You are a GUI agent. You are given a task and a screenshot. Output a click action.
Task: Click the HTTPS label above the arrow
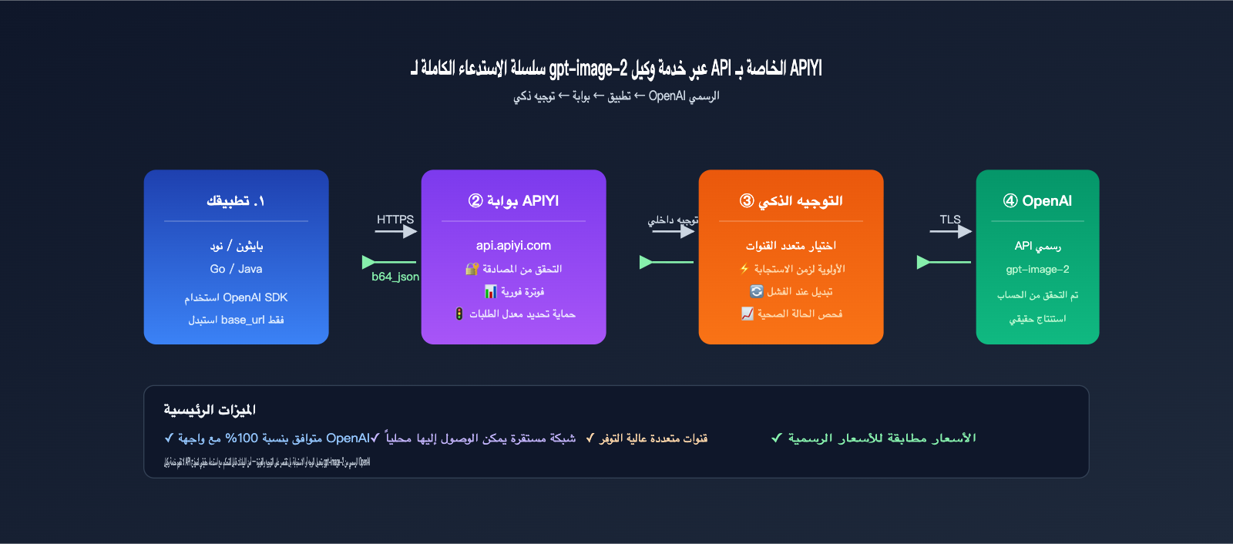point(395,220)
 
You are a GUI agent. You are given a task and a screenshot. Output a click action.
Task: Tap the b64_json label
point(395,277)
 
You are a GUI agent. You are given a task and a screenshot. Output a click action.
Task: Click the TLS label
point(950,220)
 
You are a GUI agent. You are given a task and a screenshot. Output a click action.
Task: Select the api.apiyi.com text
point(513,246)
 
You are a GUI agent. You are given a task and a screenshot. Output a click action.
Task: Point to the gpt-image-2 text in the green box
point(1037,270)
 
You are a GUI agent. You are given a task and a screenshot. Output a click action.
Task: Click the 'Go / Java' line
point(236,269)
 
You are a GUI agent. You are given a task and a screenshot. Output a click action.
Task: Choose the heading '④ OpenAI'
point(1037,201)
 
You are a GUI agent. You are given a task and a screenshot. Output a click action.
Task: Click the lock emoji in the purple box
point(472,269)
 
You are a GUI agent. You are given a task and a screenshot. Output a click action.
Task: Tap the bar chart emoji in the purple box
point(490,291)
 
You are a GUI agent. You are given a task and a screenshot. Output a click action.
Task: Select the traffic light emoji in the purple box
point(459,314)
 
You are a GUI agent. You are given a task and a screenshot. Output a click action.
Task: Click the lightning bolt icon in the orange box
point(744,269)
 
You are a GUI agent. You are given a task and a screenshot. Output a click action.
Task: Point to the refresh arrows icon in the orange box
point(757,291)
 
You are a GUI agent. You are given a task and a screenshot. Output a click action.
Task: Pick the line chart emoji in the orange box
point(748,314)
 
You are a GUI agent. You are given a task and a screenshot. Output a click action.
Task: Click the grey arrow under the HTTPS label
point(396,231)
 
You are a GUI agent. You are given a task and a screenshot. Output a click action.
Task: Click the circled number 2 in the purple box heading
point(475,201)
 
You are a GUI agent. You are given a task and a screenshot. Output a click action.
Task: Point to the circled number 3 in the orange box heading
point(747,201)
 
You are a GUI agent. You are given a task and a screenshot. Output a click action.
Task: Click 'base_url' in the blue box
point(243,320)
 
